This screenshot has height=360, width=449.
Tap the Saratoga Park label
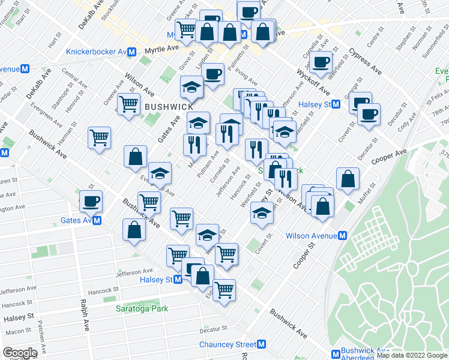pos(142,308)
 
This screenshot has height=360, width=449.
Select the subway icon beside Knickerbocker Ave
pos(131,52)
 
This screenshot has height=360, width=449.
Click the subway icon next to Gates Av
pos(97,220)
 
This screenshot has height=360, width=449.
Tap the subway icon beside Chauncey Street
pos(261,344)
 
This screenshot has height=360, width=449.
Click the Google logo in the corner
pos(20,353)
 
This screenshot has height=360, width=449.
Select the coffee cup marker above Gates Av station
pos(91,201)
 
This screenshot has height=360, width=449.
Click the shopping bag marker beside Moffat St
pos(348,178)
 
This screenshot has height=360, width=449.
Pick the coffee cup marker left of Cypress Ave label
pos(321,62)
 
